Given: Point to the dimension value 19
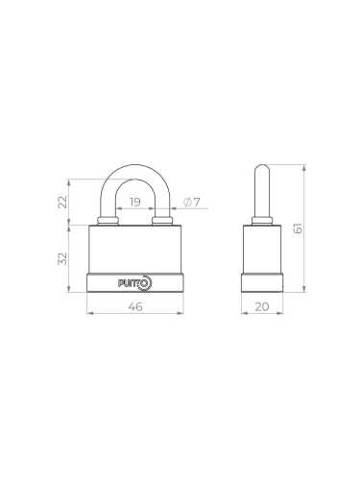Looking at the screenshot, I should [x=134, y=202].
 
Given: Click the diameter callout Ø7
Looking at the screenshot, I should [x=190, y=202].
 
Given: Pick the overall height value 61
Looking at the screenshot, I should [x=310, y=228].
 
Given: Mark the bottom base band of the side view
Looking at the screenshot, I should [x=262, y=282].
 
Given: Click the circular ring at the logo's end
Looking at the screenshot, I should [x=147, y=282].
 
